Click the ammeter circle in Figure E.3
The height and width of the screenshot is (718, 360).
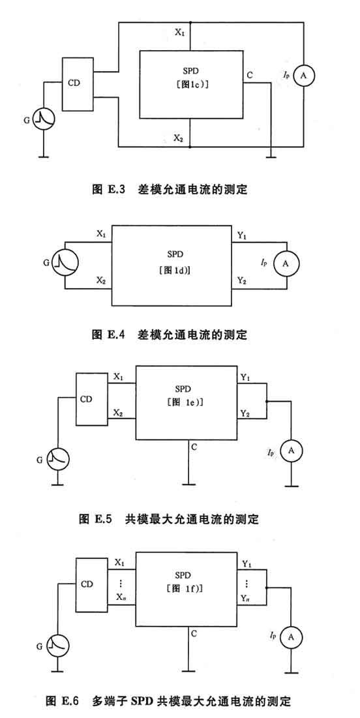tap(303, 78)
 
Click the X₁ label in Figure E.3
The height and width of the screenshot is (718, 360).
tap(180, 33)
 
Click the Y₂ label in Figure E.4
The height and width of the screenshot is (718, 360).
tap(243, 280)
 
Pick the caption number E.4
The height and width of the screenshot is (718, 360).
tap(116, 335)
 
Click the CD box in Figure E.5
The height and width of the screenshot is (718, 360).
tap(92, 399)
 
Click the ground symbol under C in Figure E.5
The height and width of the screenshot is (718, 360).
tap(188, 483)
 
